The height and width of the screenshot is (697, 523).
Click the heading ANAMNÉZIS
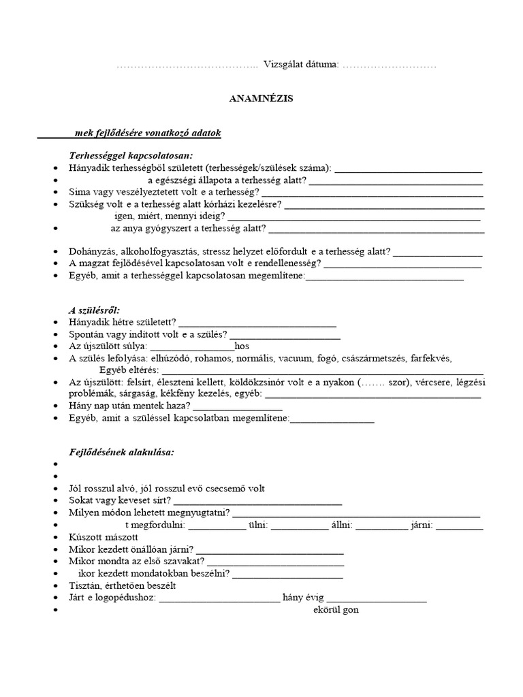coord(260,99)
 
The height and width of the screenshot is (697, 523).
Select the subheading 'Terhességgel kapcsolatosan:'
coord(131,155)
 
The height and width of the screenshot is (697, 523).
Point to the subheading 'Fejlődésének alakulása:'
coord(122,451)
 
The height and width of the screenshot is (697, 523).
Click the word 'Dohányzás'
coord(93,251)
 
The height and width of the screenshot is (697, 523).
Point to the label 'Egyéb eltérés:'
coord(129,370)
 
